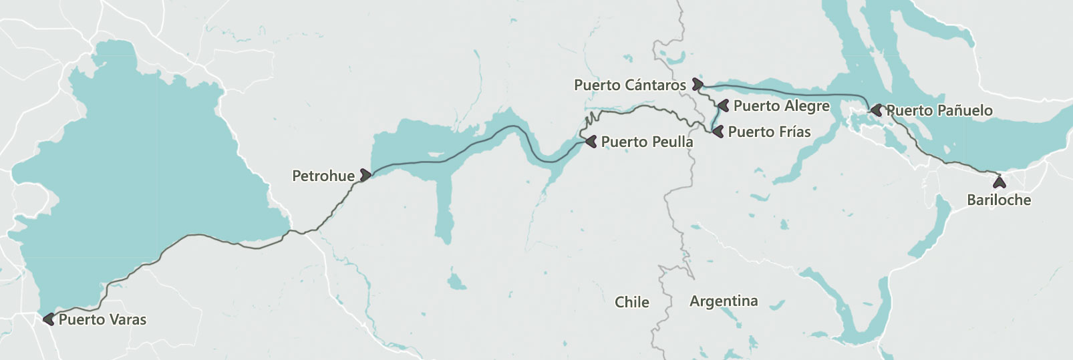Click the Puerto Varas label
pyautogui.click(x=102, y=320)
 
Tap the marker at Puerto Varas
pyautogui.click(x=49, y=319)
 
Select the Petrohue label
pyautogui.click(x=323, y=176)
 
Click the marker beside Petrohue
pyautogui.click(x=365, y=175)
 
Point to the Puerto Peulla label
pyautogui.click(x=647, y=142)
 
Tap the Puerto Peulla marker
pyautogui.click(x=591, y=142)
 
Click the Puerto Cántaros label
pyautogui.click(x=630, y=85)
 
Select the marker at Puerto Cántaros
pyautogui.click(x=697, y=84)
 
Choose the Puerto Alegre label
pyautogui.click(x=781, y=106)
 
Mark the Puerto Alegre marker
pyautogui.click(x=722, y=105)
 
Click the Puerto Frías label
pyautogui.click(x=769, y=132)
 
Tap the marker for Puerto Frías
pyautogui.click(x=718, y=132)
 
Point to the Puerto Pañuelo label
pyautogui.click(x=939, y=111)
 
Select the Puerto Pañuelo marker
pyautogui.click(x=876, y=110)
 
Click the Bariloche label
pyautogui.click(x=999, y=200)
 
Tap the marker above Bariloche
pyautogui.click(x=999, y=181)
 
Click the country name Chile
pyautogui.click(x=631, y=303)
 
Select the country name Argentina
pyautogui.click(x=724, y=302)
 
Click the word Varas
pyautogui.click(x=128, y=320)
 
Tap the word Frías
pyautogui.click(x=793, y=132)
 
